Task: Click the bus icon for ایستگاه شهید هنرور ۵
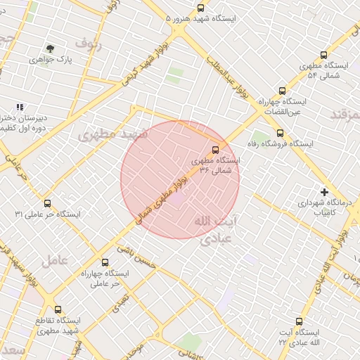201,8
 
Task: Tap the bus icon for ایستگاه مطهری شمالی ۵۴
323,55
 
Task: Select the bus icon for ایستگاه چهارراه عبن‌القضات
283,91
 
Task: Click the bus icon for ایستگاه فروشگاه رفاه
280,133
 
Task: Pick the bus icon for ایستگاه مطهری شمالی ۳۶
215,149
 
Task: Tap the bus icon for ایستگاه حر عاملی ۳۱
47,203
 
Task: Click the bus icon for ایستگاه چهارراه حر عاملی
105,262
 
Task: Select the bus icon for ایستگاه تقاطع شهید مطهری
58,309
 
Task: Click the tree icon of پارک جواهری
50,49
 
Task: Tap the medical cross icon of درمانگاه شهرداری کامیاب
324,191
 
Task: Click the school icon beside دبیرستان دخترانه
20,107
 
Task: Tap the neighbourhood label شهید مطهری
112,134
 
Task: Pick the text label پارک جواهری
51,60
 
